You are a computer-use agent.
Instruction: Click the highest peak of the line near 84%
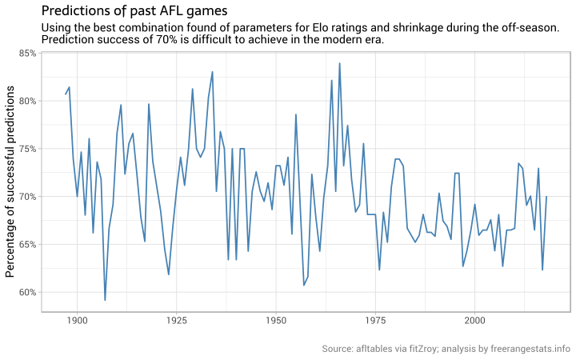pos(339,63)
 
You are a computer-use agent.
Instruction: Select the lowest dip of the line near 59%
pos(105,300)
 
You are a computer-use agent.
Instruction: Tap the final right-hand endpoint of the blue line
pos(546,197)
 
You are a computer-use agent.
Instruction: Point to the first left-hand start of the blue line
pos(66,94)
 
